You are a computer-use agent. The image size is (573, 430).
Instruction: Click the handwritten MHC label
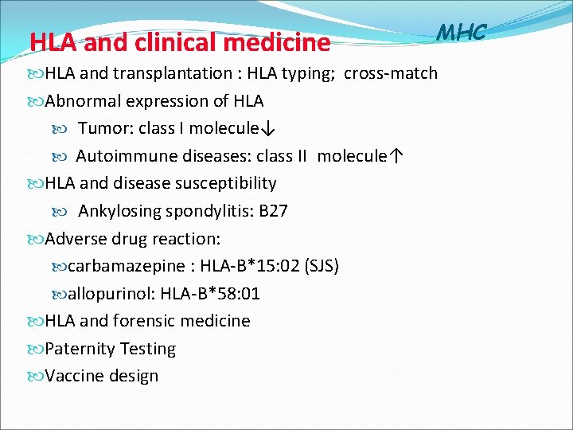point(462,32)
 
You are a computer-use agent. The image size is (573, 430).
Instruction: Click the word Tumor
point(99,128)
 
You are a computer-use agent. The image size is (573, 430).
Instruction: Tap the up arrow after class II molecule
point(396,156)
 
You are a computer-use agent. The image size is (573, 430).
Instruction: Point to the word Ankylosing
point(119,211)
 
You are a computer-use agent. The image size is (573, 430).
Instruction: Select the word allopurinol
point(111,294)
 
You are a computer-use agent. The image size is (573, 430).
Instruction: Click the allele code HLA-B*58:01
point(210,294)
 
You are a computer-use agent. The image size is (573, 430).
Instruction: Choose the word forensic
point(146,321)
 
